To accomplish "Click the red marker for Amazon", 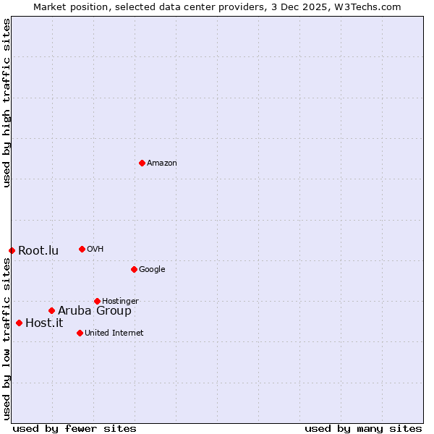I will pyautogui.click(x=142, y=163).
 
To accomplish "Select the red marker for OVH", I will pyautogui.click(x=82, y=249).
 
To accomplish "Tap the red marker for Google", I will pyautogui.click(x=134, y=269).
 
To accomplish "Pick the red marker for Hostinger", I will pyautogui.click(x=97, y=301).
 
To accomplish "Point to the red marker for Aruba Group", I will pyautogui.click(x=51, y=310).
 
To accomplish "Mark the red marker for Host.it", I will pyautogui.click(x=19, y=323).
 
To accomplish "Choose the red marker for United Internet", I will pyautogui.click(x=80, y=333).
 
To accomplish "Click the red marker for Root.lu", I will pyautogui.click(x=12, y=250).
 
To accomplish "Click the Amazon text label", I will pyautogui.click(x=162, y=163).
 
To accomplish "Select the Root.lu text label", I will pyautogui.click(x=38, y=251).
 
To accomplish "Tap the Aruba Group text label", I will pyautogui.click(x=95, y=311).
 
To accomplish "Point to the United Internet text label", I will pyautogui.click(x=114, y=333).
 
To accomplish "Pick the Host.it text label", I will pyautogui.click(x=44, y=323).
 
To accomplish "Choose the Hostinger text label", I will pyautogui.click(x=120, y=302).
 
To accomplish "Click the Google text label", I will pyautogui.click(x=152, y=270).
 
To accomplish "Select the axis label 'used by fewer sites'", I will pyautogui.click(x=75, y=428).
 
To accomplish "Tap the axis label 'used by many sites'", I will pyautogui.click(x=363, y=428).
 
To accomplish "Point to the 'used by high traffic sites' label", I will pyautogui.click(x=7, y=103).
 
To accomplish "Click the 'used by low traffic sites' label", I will pyautogui.click(x=7, y=340).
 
